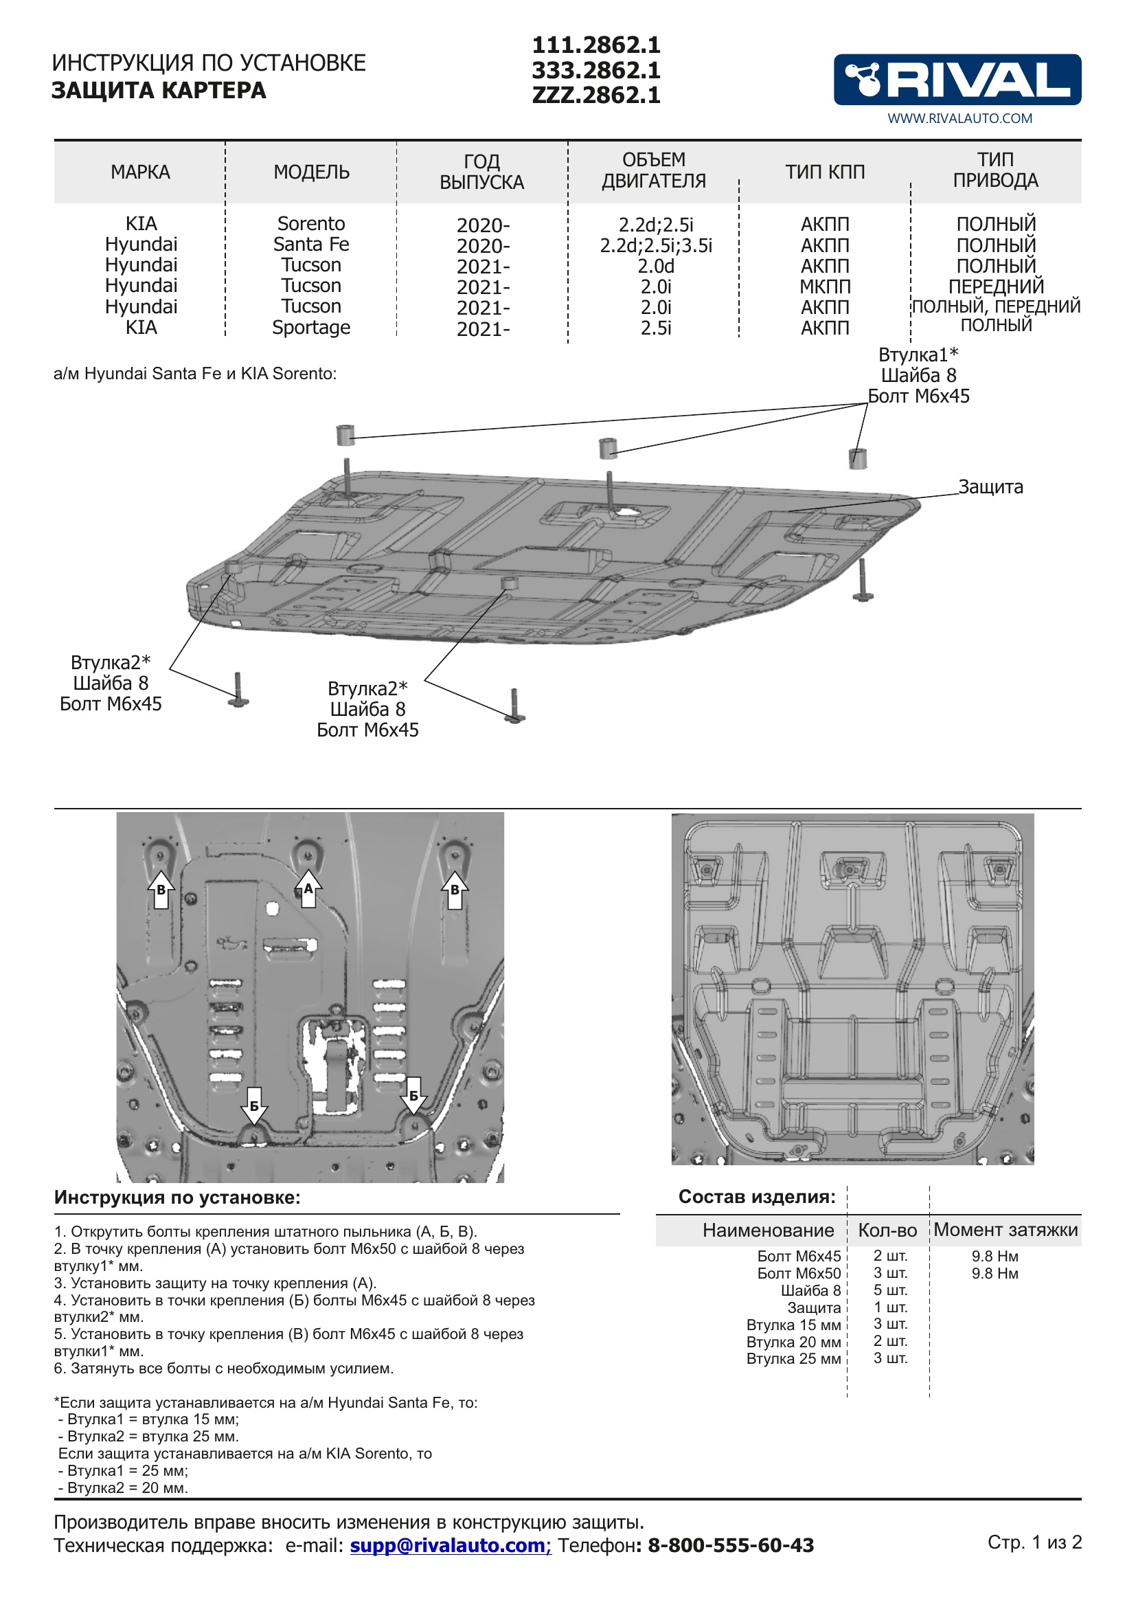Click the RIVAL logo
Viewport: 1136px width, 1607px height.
coord(956,79)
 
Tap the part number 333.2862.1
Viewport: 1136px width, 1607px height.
coord(596,70)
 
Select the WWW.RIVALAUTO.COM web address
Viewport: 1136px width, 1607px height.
coord(959,118)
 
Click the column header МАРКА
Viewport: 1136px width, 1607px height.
coord(140,172)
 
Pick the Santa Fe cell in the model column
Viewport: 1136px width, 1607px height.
coord(311,245)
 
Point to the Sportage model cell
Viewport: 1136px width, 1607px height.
coord(311,327)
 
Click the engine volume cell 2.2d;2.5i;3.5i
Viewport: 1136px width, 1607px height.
coord(655,246)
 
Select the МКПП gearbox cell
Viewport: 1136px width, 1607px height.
coord(825,286)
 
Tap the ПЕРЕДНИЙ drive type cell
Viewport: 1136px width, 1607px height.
coord(995,286)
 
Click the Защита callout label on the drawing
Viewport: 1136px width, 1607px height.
coord(990,486)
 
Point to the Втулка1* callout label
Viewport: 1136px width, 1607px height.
coord(918,355)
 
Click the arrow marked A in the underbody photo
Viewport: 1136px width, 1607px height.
coord(308,889)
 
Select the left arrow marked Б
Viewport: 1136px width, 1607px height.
coord(254,1105)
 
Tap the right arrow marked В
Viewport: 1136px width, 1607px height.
coord(455,890)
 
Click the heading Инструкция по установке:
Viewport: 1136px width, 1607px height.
coord(177,1197)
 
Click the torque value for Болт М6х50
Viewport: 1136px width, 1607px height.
coord(994,1273)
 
